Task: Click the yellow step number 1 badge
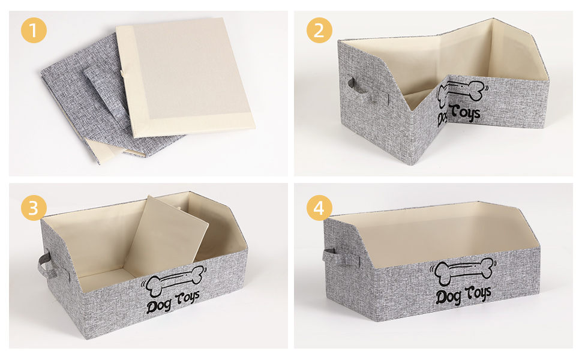pyautogui.click(x=34, y=30)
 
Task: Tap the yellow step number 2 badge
pyautogui.click(x=319, y=30)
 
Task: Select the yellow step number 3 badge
pyautogui.click(x=34, y=208)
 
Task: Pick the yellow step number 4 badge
pyautogui.click(x=319, y=208)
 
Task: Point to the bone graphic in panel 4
pyautogui.click(x=463, y=271)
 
